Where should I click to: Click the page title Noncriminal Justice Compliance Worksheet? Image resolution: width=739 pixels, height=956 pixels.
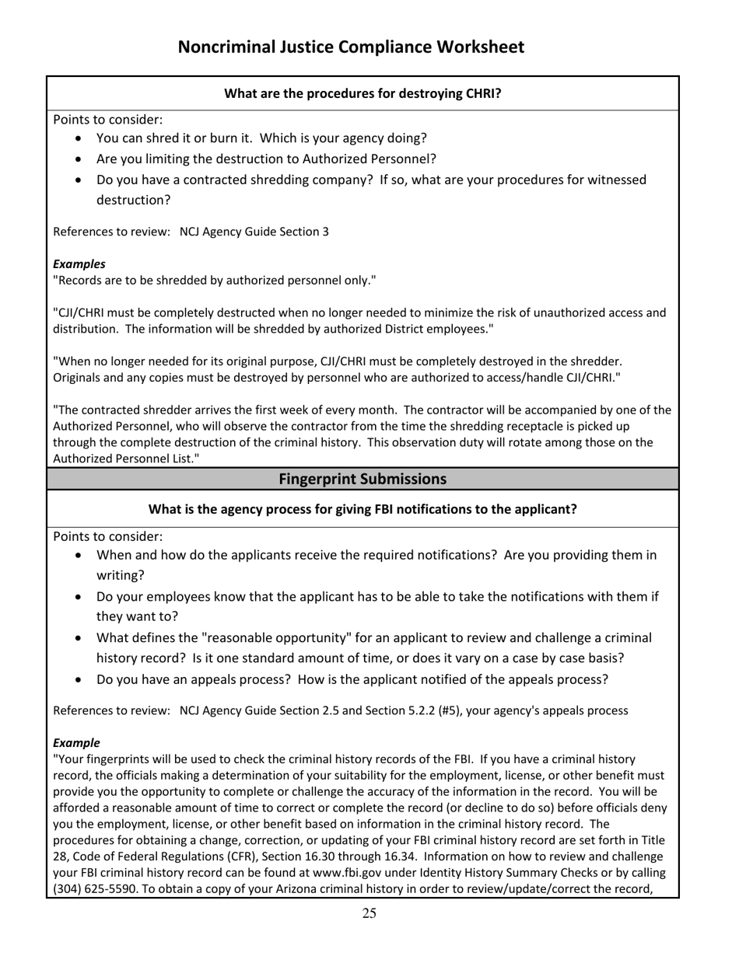351,47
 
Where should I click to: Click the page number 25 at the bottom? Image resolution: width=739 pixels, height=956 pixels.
369,913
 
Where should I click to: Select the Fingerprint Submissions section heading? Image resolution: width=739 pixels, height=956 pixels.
362,479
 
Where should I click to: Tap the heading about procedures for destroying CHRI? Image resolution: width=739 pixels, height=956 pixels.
362,94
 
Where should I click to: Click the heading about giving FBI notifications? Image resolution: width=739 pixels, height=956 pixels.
362,510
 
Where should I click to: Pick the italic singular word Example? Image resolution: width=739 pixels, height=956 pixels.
76,743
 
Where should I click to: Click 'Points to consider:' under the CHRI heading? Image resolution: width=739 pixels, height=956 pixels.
108,120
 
